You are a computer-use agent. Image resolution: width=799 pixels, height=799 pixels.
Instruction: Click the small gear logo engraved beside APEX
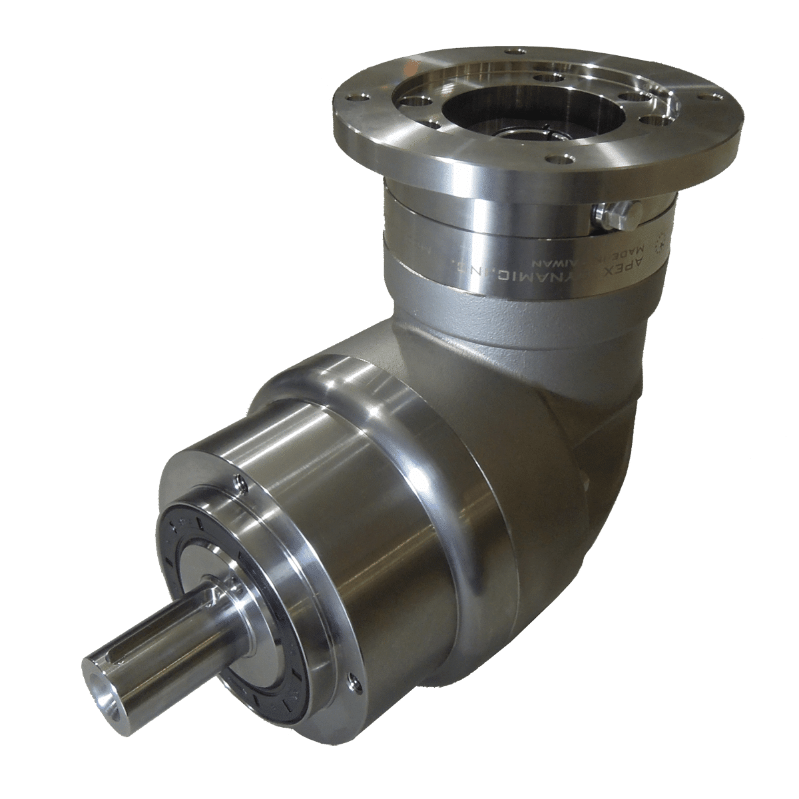point(661,243)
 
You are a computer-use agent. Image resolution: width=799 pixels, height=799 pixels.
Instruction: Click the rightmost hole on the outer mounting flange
point(714,98)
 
